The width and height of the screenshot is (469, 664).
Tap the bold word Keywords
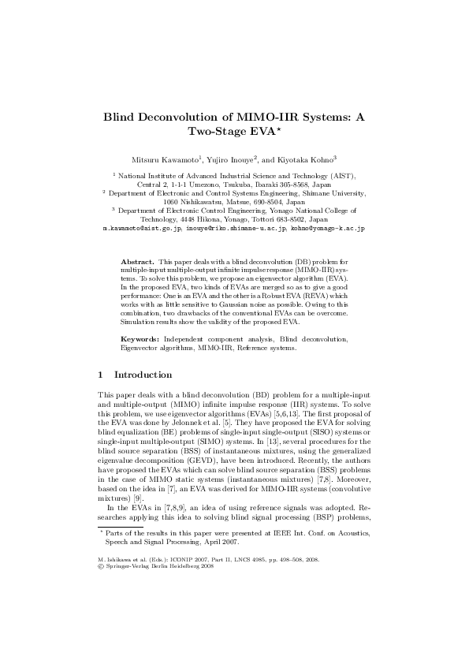coord(140,338)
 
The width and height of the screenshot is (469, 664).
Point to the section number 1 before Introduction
coord(100,375)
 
